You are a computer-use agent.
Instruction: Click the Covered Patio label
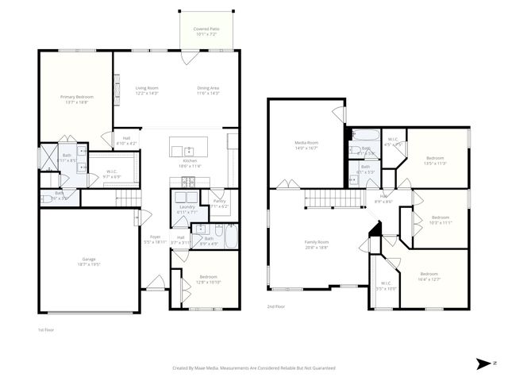tap(206, 29)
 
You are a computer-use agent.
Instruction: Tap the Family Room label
tap(317, 243)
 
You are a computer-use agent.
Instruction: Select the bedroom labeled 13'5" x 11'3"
tap(436, 158)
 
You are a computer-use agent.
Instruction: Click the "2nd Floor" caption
tap(275, 306)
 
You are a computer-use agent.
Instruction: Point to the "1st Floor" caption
tap(46, 329)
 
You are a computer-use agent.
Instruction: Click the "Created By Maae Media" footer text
tap(253, 368)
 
